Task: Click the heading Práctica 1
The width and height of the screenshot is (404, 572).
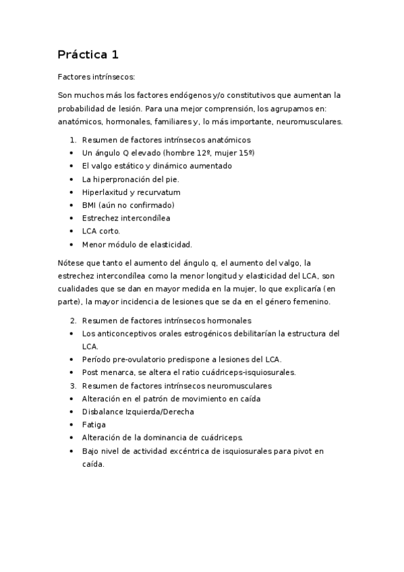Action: [x=88, y=54]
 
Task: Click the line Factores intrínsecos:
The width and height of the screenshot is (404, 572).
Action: [x=96, y=78]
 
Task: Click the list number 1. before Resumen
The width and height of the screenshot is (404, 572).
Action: [x=73, y=140]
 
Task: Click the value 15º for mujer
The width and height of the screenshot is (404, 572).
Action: [x=246, y=153]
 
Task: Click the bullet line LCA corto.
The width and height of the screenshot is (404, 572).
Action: [x=100, y=231]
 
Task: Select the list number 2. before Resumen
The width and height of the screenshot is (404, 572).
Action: [x=73, y=320]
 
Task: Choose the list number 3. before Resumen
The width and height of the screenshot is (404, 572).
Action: [x=73, y=385]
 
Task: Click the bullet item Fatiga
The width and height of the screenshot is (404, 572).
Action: [x=93, y=424]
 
